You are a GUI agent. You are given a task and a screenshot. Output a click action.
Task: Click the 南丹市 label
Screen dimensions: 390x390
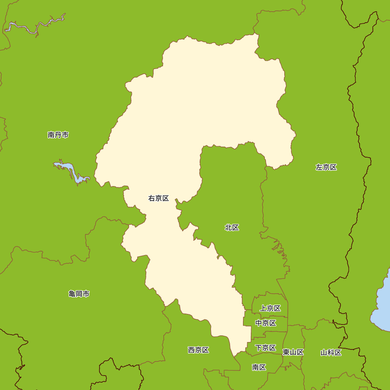pyautogui.click(x=58, y=135)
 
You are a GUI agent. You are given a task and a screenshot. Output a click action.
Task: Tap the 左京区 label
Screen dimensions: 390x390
pyautogui.click(x=326, y=167)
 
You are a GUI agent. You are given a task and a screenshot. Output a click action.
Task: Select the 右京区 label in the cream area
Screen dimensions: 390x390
pyautogui.click(x=158, y=198)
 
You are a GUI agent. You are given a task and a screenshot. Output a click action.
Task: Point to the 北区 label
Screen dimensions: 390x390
pyautogui.click(x=232, y=227)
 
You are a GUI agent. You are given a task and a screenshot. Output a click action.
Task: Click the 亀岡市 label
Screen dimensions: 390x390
pyautogui.click(x=79, y=294)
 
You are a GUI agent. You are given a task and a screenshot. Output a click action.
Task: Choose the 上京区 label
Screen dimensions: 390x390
pyautogui.click(x=270, y=308)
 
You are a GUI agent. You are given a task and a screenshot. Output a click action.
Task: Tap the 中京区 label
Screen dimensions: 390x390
pyautogui.click(x=266, y=323)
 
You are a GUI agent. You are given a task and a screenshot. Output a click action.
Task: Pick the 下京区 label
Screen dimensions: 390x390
pyautogui.click(x=266, y=347)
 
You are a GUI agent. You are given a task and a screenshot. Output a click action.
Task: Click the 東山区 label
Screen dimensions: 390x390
pyautogui.click(x=293, y=352)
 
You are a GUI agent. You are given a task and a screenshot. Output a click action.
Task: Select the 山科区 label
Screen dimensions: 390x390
pyautogui.click(x=331, y=353)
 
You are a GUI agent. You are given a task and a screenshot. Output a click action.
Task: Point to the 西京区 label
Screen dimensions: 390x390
pyautogui.click(x=198, y=350)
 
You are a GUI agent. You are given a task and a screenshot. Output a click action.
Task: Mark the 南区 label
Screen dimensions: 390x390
pyautogui.click(x=259, y=367)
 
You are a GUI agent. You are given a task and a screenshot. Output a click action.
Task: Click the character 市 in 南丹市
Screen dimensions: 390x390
pyautogui.click(x=65, y=135)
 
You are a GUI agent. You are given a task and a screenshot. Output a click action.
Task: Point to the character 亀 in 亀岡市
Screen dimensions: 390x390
pyautogui.click(x=72, y=294)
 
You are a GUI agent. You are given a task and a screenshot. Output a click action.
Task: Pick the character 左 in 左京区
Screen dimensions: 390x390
pyautogui.click(x=319, y=167)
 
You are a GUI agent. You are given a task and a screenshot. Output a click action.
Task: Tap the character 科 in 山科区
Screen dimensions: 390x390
pyautogui.click(x=331, y=353)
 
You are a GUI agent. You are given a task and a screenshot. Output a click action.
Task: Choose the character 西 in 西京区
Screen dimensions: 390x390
pyautogui.click(x=191, y=350)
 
